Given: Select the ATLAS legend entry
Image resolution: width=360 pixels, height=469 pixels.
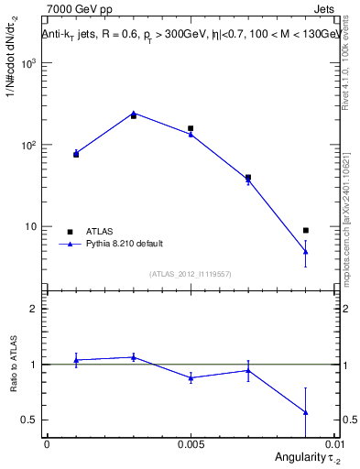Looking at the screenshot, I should click(91, 231).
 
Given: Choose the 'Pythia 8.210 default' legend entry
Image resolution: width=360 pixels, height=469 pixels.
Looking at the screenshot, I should click(110, 244).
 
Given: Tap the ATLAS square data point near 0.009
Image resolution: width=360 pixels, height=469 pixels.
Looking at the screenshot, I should click(306, 230).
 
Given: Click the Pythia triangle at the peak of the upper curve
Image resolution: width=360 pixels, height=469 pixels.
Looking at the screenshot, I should click(134, 113).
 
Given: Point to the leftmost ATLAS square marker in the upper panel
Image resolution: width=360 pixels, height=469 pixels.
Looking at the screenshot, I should click(76, 154).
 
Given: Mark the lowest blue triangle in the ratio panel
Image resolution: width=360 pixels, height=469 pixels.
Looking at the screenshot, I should click(306, 412).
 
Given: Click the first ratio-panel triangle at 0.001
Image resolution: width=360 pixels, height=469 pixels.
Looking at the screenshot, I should click(76, 360).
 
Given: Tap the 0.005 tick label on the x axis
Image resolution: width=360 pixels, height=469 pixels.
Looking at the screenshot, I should click(191, 443).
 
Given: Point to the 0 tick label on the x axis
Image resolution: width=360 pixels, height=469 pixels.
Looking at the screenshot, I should click(47, 443).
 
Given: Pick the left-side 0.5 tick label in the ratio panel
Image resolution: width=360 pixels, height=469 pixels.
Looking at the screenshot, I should click(29, 420).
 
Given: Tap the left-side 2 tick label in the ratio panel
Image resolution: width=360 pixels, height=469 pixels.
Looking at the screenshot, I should click(34, 310).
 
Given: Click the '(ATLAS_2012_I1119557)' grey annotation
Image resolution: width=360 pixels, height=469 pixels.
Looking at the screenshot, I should click(191, 273).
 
